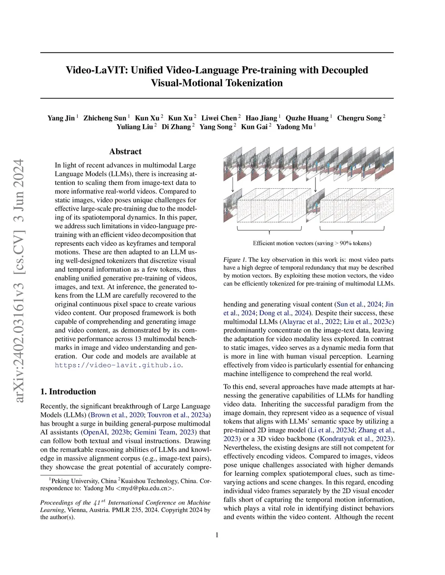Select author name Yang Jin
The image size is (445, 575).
click(x=61, y=118)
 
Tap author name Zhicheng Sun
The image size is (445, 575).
click(x=105, y=118)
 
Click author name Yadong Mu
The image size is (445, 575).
click(x=294, y=127)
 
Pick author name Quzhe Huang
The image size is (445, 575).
click(x=307, y=118)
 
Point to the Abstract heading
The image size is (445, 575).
click(x=125, y=151)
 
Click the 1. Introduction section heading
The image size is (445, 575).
click(x=68, y=391)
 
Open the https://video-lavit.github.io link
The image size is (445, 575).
click(x=118, y=365)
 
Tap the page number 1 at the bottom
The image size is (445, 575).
click(x=217, y=535)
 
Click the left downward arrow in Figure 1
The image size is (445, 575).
click(x=233, y=185)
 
